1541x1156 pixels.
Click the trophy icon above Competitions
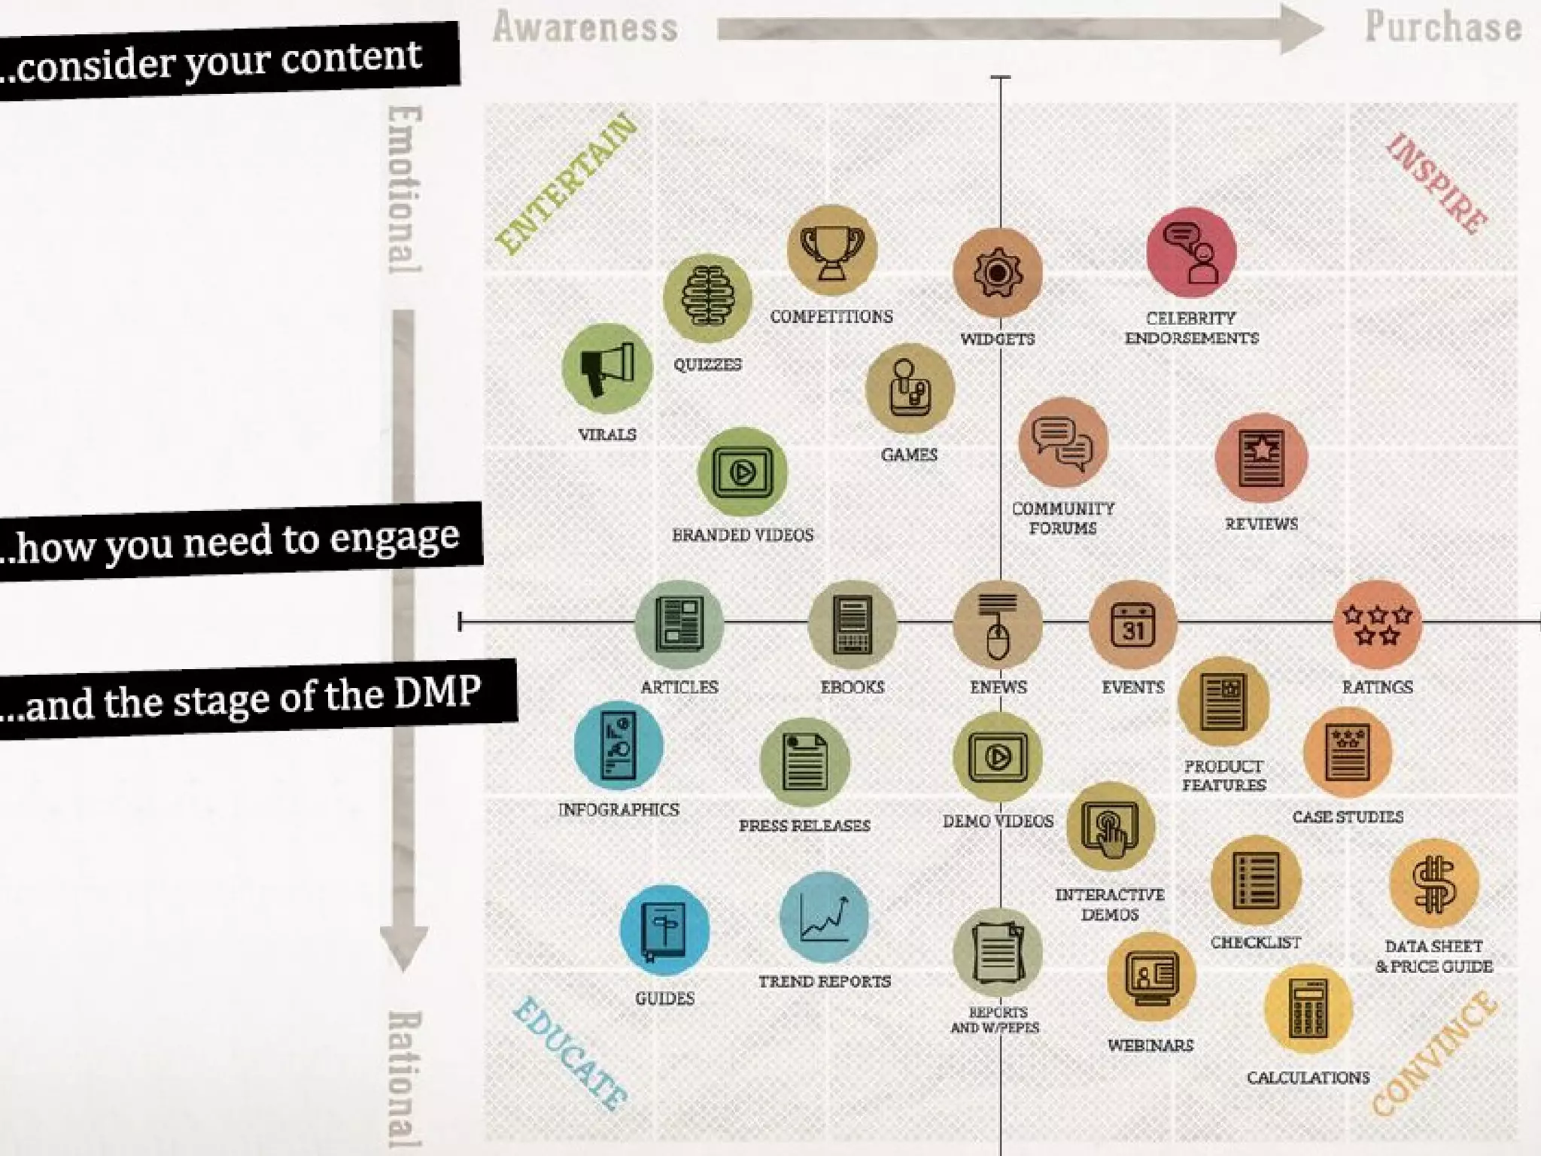(831, 250)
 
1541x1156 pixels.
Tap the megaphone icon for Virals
(607, 369)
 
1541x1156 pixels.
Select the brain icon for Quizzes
(707, 298)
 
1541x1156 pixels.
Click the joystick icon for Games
(910, 389)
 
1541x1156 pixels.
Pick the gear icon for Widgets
(998, 272)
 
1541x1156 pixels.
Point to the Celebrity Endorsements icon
(1191, 253)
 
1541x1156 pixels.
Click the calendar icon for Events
(1132, 625)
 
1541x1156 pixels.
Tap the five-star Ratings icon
(1377, 625)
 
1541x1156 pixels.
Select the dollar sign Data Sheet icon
(1434, 884)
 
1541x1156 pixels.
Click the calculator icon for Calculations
(1308, 1008)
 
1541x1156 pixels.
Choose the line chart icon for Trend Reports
(825, 917)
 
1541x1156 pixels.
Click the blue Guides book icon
(664, 930)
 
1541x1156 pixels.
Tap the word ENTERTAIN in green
(567, 184)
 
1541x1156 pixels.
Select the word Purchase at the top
(1443, 27)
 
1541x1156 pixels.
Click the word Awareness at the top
(585, 28)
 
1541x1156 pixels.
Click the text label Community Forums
(1062, 519)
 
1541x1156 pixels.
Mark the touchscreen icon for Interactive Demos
(1110, 826)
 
